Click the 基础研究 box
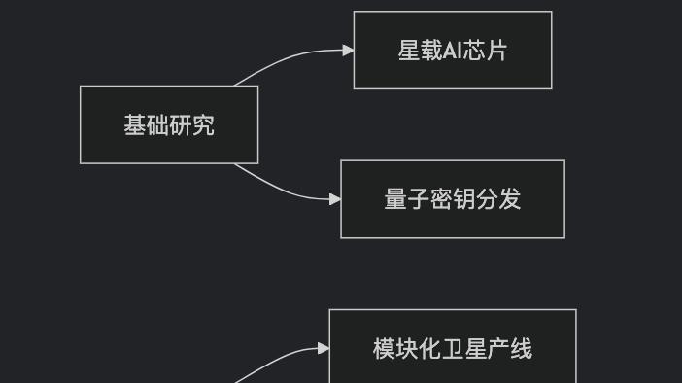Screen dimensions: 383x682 (x=169, y=124)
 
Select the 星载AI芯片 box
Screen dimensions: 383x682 (x=453, y=51)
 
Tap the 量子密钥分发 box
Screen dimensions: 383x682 (x=453, y=199)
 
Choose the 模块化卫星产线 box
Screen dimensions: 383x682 (x=453, y=348)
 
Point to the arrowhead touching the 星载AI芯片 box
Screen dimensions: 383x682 (x=348, y=51)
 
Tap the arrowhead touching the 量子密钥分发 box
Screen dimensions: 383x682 (x=335, y=199)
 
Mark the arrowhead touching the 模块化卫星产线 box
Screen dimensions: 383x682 (x=324, y=348)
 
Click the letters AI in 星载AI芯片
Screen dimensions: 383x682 (x=454, y=51)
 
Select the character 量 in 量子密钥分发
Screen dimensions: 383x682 (x=394, y=199)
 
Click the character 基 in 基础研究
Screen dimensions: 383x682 (x=134, y=124)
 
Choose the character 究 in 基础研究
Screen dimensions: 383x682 (x=204, y=124)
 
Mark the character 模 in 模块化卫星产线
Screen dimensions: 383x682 (x=384, y=348)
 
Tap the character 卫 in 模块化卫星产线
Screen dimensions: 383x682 (x=454, y=348)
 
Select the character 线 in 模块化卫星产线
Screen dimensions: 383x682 (x=522, y=348)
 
